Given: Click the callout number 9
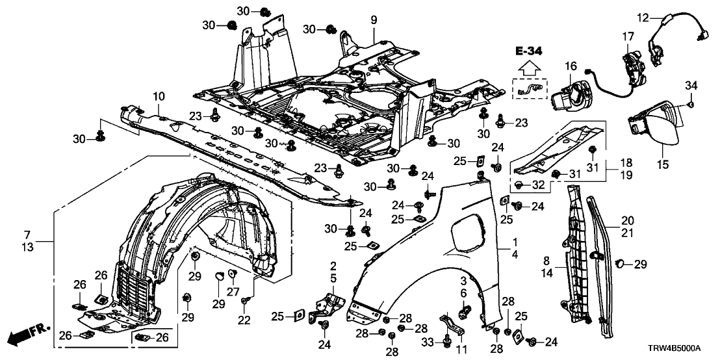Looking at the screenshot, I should point(374,21).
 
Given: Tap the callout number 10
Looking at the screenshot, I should point(159,97).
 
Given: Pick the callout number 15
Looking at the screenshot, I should point(662,148).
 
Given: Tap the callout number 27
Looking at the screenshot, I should point(232,291).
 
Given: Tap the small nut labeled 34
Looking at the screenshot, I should point(691,103).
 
